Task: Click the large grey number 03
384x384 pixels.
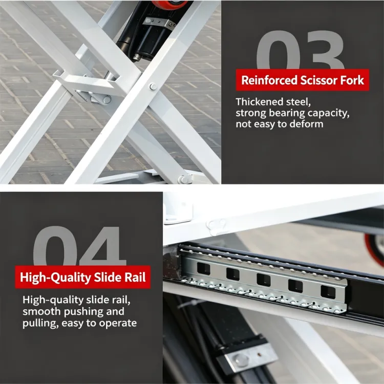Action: click(301, 50)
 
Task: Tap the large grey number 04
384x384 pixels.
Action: click(79, 246)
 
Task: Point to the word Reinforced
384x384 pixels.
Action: click(269, 80)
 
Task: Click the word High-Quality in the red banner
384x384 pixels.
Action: click(55, 278)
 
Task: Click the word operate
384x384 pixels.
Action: click(118, 323)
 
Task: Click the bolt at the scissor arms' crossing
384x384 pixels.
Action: click(153, 87)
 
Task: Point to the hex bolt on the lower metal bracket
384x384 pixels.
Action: click(241, 359)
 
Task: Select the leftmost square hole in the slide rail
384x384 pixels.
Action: click(203, 268)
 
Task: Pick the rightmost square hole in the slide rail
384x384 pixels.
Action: click(328, 292)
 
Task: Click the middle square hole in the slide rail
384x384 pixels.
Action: click(264, 279)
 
